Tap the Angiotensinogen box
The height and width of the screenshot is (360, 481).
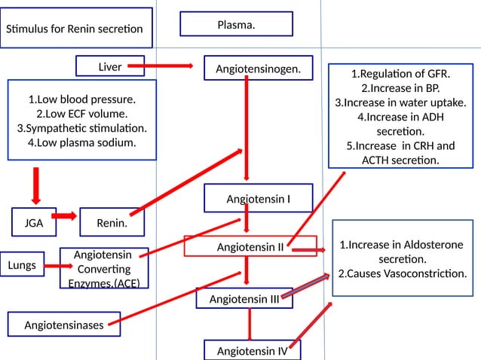pyautogui.click(x=259, y=69)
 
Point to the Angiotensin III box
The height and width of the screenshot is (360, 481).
pyautogui.click(x=244, y=298)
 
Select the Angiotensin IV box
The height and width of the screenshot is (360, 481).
pyautogui.click(x=253, y=350)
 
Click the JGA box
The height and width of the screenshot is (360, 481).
pyautogui.click(x=33, y=223)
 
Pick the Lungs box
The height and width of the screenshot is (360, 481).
pyautogui.click(x=21, y=265)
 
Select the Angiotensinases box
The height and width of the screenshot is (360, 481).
pyautogui.click(x=63, y=325)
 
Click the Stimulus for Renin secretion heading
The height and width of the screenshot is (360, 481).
pyautogui.click(x=74, y=29)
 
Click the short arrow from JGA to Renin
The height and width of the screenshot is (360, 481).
pyautogui.click(x=65, y=217)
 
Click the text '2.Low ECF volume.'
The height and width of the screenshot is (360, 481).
pyautogui.click(x=81, y=114)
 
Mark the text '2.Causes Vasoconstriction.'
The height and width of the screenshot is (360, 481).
pyautogui.click(x=402, y=273)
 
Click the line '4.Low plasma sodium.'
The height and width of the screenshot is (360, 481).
pyautogui.click(x=81, y=142)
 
